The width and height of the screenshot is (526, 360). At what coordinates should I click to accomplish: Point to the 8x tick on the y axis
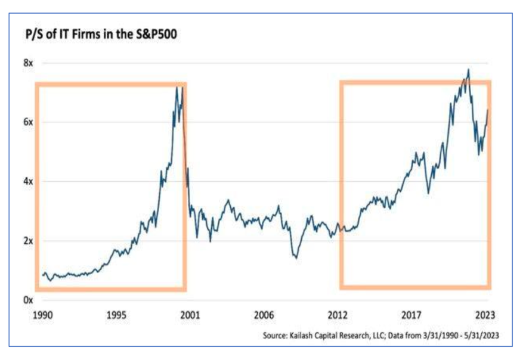point(28,63)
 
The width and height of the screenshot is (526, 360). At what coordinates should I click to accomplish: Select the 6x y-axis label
point(28,122)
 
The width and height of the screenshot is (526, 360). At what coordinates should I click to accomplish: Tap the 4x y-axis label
point(28,181)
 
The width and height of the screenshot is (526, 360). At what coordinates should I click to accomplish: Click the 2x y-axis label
point(28,241)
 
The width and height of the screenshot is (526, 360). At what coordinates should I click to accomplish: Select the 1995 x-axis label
point(117,315)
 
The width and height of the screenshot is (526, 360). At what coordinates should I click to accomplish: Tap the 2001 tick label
point(191,315)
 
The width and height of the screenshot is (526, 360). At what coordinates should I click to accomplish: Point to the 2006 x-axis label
point(264,315)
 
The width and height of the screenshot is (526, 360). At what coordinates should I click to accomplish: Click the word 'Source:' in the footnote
point(276,336)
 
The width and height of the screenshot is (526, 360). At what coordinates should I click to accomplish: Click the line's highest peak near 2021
point(468,69)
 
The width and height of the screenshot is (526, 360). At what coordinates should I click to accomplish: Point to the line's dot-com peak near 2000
point(177,88)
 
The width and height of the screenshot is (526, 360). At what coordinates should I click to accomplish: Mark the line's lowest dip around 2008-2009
point(296,257)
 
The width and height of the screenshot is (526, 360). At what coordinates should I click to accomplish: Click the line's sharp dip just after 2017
point(428,193)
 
